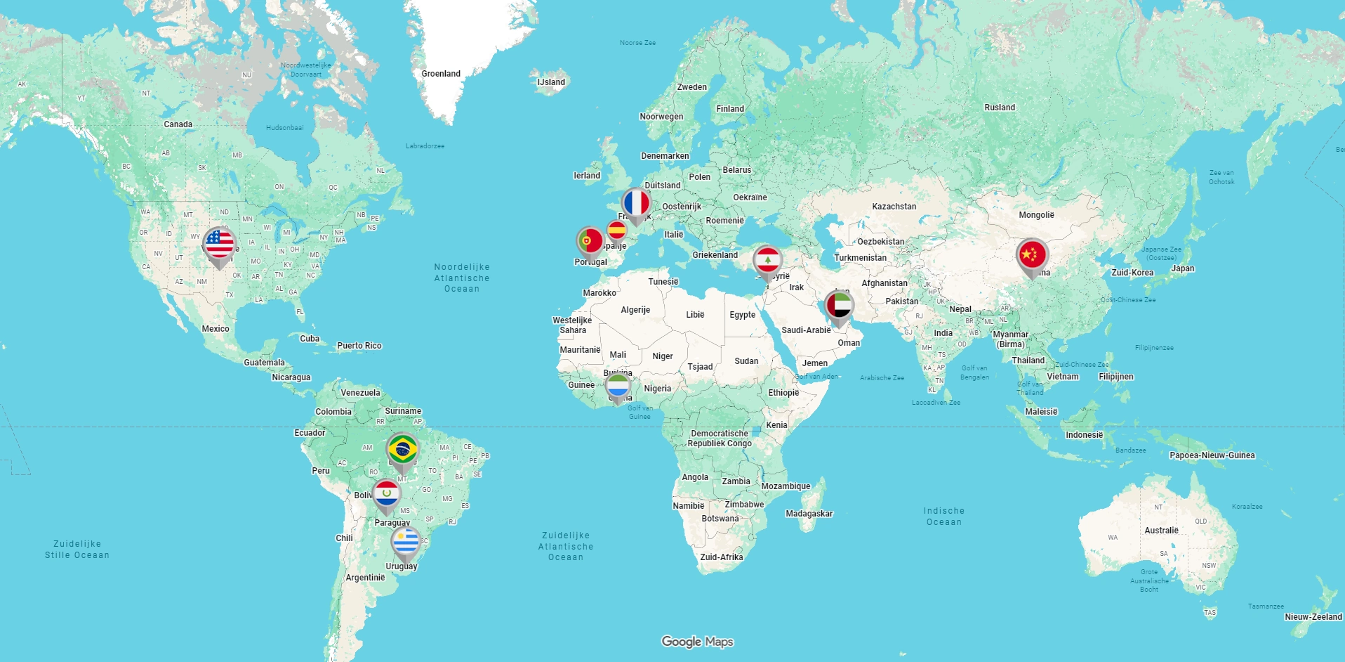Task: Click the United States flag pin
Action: tap(219, 245)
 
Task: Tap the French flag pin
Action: tap(636, 204)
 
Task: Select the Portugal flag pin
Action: tap(590, 241)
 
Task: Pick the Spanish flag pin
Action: tap(616, 231)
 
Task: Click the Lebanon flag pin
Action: tap(767, 261)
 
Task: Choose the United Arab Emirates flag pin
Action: tap(839, 306)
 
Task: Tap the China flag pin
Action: tap(1031, 255)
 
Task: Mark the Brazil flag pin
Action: tap(402, 449)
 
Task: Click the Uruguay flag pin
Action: tap(405, 543)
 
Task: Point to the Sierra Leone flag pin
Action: tap(618, 386)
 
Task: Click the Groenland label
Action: tap(441, 74)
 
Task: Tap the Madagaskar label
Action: tap(809, 514)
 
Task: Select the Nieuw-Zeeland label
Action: tap(1313, 617)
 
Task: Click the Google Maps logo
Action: tap(697, 642)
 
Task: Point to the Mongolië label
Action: tap(1036, 215)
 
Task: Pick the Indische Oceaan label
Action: tap(943, 517)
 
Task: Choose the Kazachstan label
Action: tap(894, 207)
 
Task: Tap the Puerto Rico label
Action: tap(359, 346)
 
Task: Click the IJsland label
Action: tap(551, 82)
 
